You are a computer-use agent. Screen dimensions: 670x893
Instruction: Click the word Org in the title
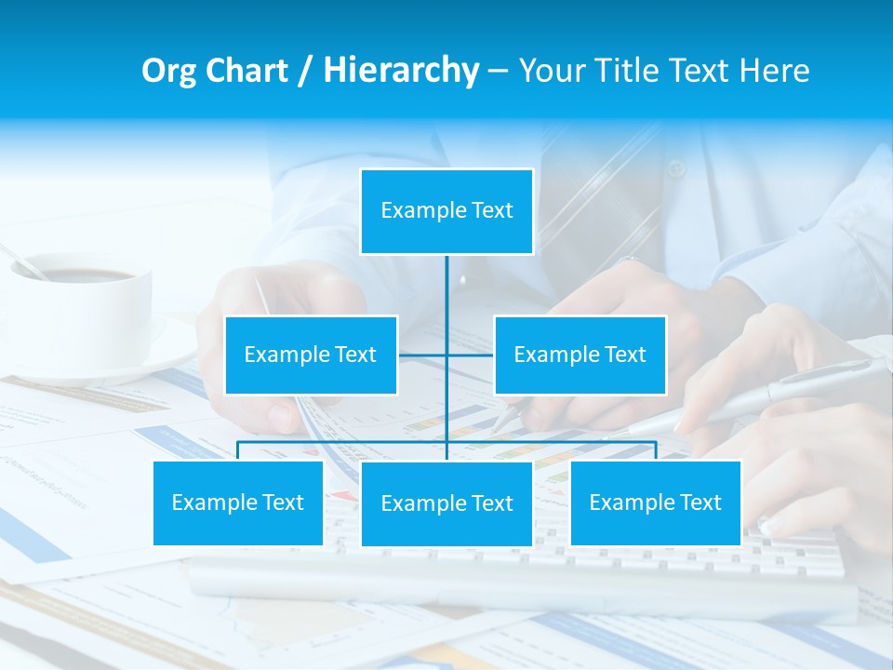[168, 71]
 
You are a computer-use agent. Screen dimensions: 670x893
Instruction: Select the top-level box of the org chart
[446, 211]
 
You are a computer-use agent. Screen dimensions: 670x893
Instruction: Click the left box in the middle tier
[311, 355]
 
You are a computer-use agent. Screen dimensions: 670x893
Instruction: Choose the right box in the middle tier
[580, 355]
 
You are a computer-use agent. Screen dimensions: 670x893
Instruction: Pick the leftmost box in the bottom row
[238, 502]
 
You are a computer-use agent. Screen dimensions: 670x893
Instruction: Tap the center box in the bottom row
[446, 503]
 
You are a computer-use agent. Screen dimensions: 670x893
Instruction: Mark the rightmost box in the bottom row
[655, 502]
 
